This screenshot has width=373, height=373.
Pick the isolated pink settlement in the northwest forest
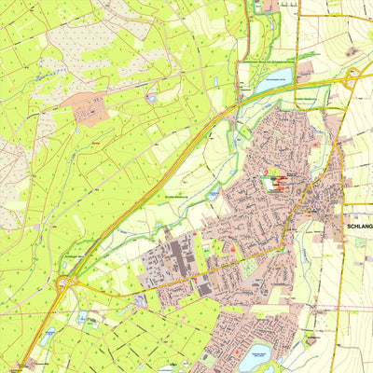tap(90, 111)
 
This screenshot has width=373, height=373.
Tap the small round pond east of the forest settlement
tap(151, 97)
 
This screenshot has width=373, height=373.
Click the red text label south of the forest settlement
tap(96, 145)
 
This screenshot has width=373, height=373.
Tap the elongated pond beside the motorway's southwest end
tap(48, 334)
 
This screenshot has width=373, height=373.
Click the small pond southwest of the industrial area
tap(141, 300)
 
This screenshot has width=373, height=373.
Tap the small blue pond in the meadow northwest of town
tap(214, 193)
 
